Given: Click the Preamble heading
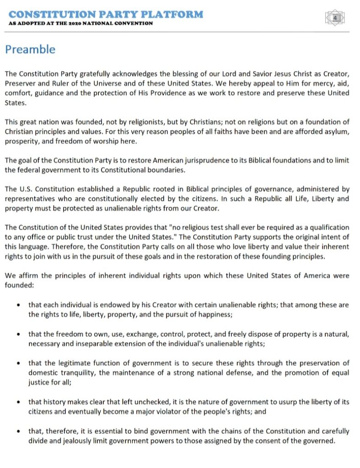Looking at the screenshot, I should pos(30,49).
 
